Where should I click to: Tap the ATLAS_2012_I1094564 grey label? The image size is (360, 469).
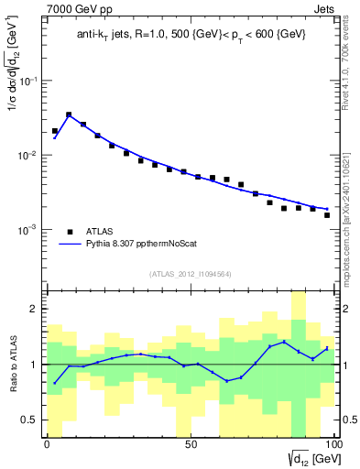(190, 274)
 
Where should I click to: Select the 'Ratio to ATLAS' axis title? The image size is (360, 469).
(13, 365)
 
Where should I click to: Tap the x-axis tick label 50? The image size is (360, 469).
(190, 445)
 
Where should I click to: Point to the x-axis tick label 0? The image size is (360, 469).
(47, 445)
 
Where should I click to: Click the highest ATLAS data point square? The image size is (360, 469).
(69, 115)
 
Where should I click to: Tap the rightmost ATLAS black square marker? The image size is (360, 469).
(327, 215)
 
